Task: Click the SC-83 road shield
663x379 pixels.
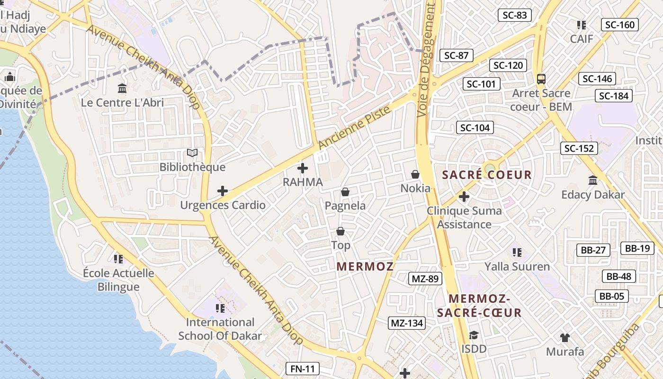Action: pyautogui.click(x=515, y=15)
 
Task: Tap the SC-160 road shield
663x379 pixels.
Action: pyautogui.click(x=620, y=25)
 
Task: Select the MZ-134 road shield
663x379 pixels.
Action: pyautogui.click(x=407, y=324)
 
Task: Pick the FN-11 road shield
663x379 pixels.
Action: pyautogui.click(x=303, y=369)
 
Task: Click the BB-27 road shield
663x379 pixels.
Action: pyautogui.click(x=593, y=250)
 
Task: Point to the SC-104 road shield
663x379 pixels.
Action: pyautogui.click(x=475, y=127)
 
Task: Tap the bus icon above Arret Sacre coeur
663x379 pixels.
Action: pyautogui.click(x=541, y=79)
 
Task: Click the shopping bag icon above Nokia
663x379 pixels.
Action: pyautogui.click(x=415, y=175)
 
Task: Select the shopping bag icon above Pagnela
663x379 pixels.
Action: pyautogui.click(x=345, y=192)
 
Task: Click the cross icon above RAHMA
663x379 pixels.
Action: pyautogui.click(x=303, y=168)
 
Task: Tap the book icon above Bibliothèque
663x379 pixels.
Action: pyautogui.click(x=192, y=153)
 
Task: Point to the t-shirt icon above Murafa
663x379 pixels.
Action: pyautogui.click(x=564, y=338)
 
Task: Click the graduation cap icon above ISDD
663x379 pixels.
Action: pyautogui.click(x=474, y=335)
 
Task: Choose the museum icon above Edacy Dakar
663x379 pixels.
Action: pyautogui.click(x=593, y=180)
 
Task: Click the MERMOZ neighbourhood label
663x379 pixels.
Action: pyautogui.click(x=365, y=266)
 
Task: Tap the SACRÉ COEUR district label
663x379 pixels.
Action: pyautogui.click(x=487, y=175)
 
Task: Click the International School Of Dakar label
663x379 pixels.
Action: pyautogui.click(x=220, y=329)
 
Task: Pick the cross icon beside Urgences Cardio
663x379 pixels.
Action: pyautogui.click(x=223, y=191)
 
